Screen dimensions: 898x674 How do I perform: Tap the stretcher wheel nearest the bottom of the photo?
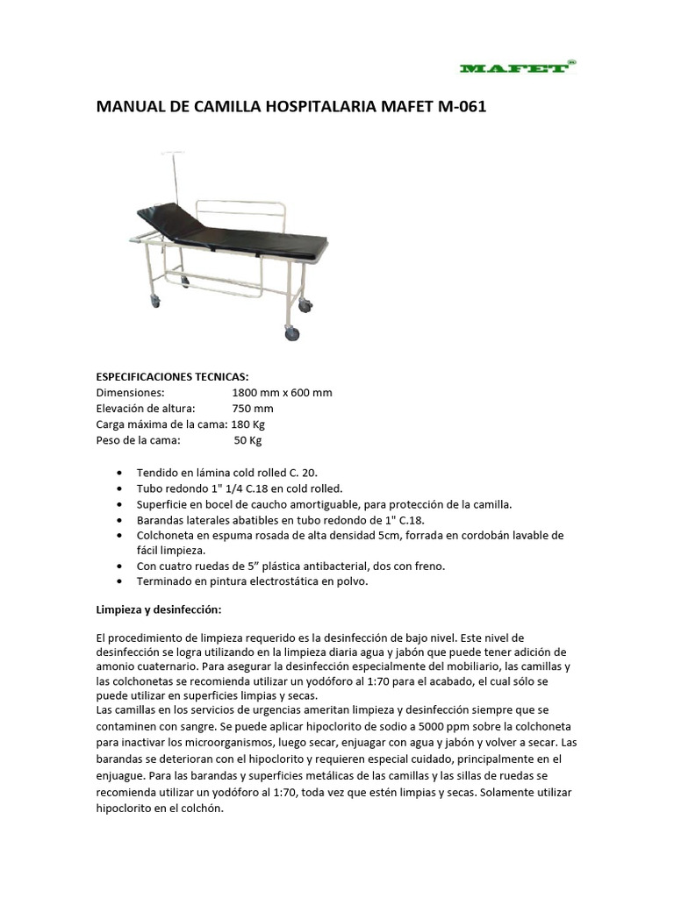pos(291,333)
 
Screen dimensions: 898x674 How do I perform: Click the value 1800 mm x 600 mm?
pos(282,392)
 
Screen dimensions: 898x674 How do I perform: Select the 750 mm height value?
pos(252,409)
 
